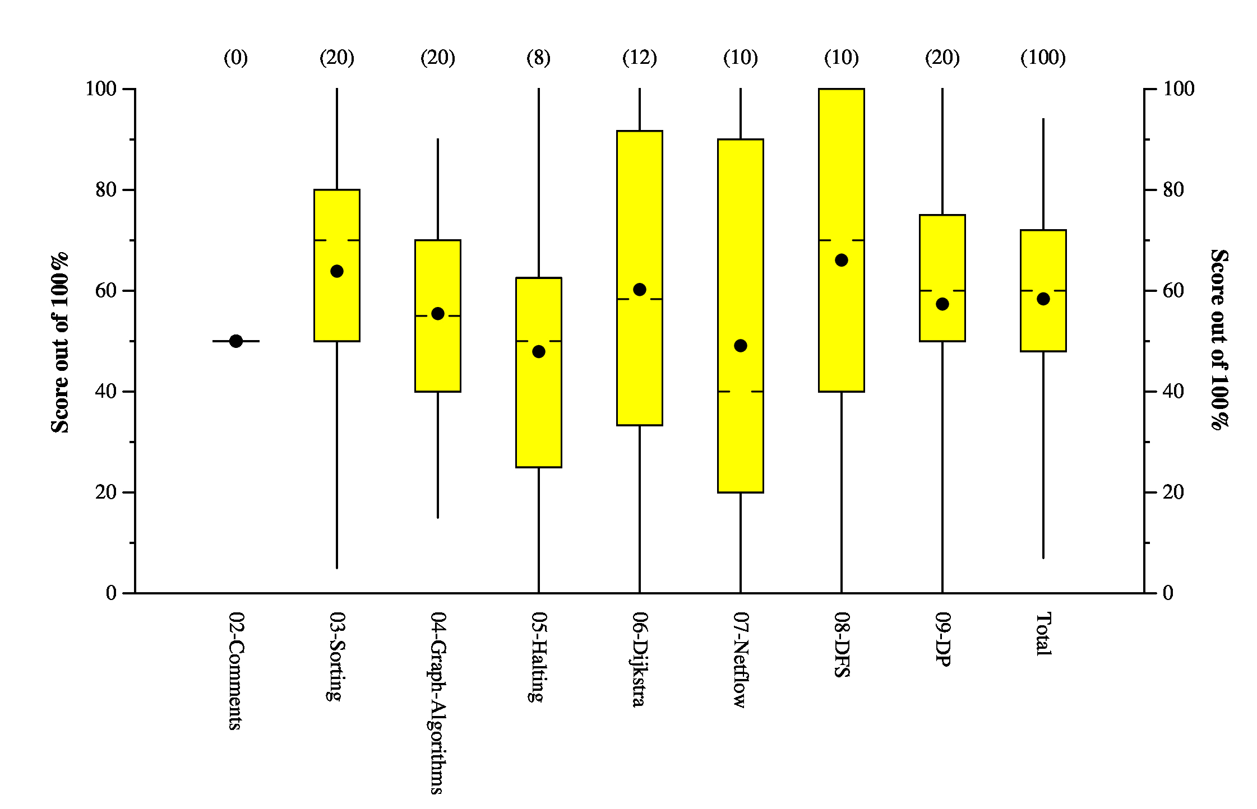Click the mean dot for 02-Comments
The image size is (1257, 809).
tap(236, 341)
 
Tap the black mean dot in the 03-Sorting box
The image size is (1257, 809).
tap(337, 271)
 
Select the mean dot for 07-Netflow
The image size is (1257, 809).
tap(741, 346)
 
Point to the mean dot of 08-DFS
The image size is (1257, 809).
tap(842, 260)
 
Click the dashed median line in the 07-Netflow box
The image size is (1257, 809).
tap(741, 392)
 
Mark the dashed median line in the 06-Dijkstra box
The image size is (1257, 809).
tap(640, 299)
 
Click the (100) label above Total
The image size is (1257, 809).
tap(1043, 58)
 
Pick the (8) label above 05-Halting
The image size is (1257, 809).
tap(538, 58)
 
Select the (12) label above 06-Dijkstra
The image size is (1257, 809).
tap(640, 58)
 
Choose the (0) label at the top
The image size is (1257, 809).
tap(236, 58)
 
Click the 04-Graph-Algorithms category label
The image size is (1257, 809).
tap(437, 703)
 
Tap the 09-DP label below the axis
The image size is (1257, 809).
tap(943, 639)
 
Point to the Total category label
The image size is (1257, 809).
tap(1043, 634)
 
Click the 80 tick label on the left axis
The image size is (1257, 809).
tap(106, 190)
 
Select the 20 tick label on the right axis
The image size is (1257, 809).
tap(1173, 492)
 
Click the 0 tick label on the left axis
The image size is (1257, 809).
tap(111, 593)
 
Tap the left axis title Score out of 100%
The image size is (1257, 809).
tap(60, 342)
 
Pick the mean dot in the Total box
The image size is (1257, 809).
tap(1043, 299)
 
